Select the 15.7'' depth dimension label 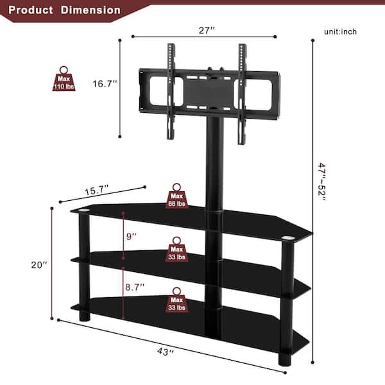tap(97, 190)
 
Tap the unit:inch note tap(341, 31)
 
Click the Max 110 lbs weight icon tap(64, 79)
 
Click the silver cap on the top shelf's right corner tap(288, 241)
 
